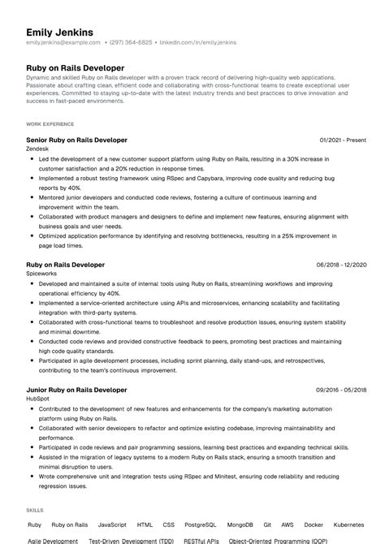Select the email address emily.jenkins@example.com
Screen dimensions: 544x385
pyautogui.click(x=63, y=41)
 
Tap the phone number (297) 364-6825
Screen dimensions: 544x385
pyautogui.click(x=131, y=41)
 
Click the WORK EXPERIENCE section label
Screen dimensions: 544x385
pyautogui.click(x=50, y=124)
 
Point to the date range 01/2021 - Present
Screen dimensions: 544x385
pyautogui.click(x=344, y=140)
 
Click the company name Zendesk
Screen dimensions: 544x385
pyautogui.click(x=38, y=149)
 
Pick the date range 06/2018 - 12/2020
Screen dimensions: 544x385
pyautogui.click(x=342, y=265)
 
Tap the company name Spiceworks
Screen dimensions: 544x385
pyautogui.click(x=43, y=274)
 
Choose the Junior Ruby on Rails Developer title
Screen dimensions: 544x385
pyautogui.click(x=76, y=390)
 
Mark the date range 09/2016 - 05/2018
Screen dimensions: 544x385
pyautogui.click(x=342, y=390)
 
